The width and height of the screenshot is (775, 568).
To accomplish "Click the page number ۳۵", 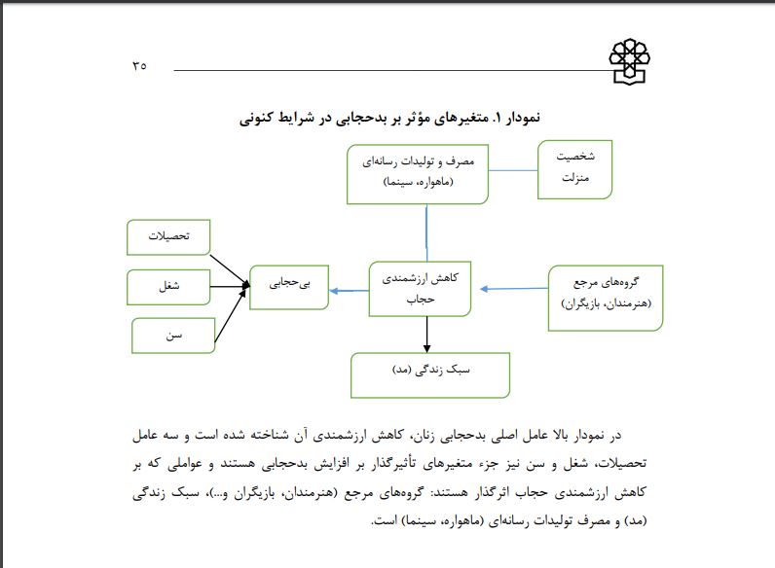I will click(137, 66).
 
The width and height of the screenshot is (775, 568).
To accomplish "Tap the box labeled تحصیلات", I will click(169, 237).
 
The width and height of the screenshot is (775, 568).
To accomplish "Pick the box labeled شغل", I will click(169, 286).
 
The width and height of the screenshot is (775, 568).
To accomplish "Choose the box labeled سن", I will click(174, 336).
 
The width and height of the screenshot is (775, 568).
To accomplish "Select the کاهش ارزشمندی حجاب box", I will click(420, 289).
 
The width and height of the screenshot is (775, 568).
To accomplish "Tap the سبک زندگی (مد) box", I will click(430, 373).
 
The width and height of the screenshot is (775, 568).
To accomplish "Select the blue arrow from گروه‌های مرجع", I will click(514, 288).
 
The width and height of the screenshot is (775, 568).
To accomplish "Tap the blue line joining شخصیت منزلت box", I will click(513, 170).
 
